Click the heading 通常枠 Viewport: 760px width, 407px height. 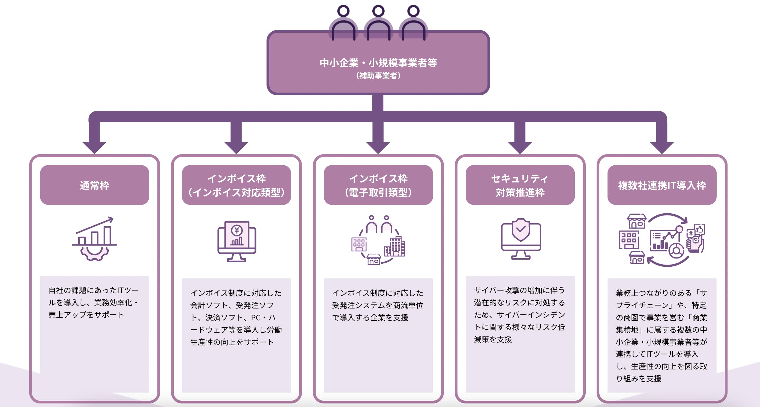94,185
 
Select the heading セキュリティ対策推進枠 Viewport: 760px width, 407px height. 520,185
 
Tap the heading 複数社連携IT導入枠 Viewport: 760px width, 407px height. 662,185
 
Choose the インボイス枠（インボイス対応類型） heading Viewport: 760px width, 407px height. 236,185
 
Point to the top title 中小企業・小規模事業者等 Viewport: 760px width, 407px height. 378,63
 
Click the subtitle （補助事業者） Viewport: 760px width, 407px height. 378,76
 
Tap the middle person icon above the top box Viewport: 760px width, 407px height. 378,24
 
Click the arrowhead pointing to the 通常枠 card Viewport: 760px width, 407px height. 94,147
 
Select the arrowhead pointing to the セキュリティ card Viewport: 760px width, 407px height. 520,147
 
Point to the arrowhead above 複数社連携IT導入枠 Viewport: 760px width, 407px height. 662,147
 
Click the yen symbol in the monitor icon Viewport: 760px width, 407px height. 237,230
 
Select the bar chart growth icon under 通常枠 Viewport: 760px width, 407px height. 95,233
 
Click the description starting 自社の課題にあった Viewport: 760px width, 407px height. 94,302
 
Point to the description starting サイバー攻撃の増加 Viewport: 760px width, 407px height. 519,315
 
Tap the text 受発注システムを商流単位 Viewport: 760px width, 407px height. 378,305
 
